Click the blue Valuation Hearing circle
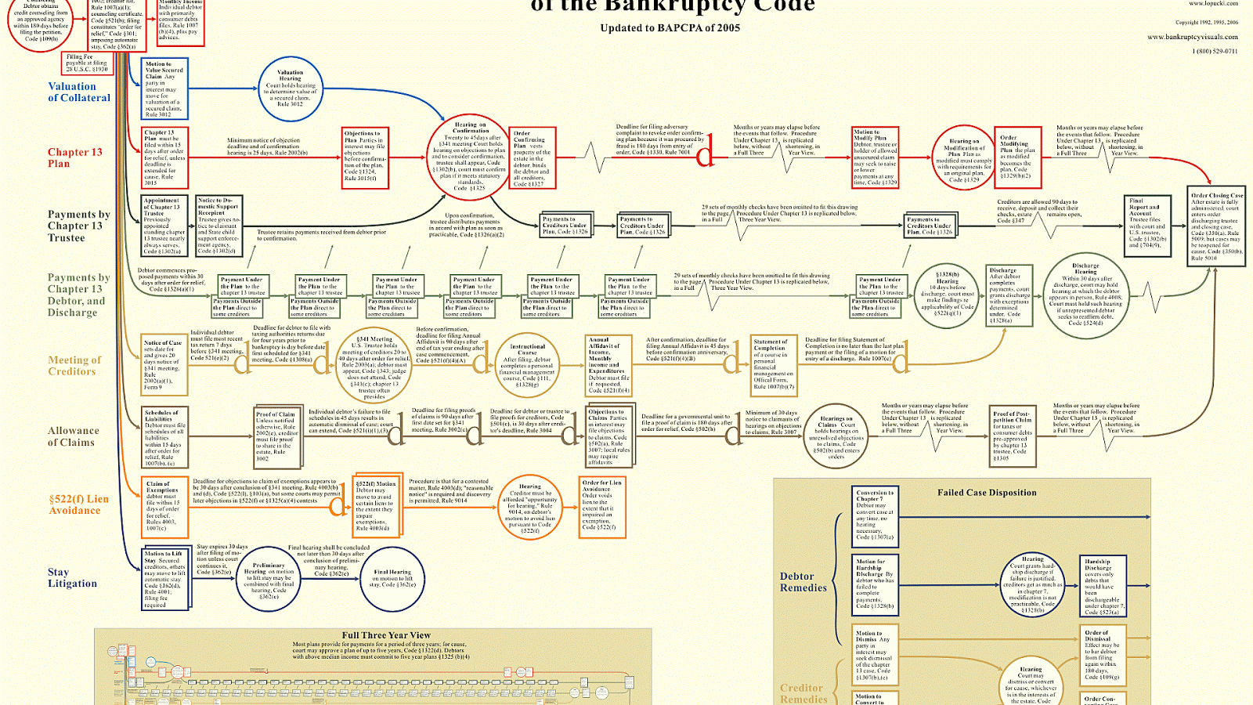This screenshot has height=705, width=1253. click(290, 89)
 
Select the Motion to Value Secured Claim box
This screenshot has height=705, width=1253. click(164, 89)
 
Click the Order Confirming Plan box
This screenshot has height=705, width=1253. click(532, 158)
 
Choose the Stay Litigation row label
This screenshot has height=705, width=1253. click(72, 578)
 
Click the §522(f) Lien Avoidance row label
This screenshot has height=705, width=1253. click(78, 504)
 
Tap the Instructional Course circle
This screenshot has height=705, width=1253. click(527, 365)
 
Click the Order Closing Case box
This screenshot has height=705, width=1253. click(1216, 227)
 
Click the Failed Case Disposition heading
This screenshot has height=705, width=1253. click(987, 493)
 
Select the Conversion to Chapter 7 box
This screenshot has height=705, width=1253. click(875, 515)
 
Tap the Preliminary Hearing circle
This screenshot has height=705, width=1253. click(269, 580)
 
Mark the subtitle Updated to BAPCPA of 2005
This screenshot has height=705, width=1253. click(670, 28)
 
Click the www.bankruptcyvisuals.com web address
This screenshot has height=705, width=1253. click(1192, 37)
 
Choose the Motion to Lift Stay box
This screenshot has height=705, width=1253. click(164, 580)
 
